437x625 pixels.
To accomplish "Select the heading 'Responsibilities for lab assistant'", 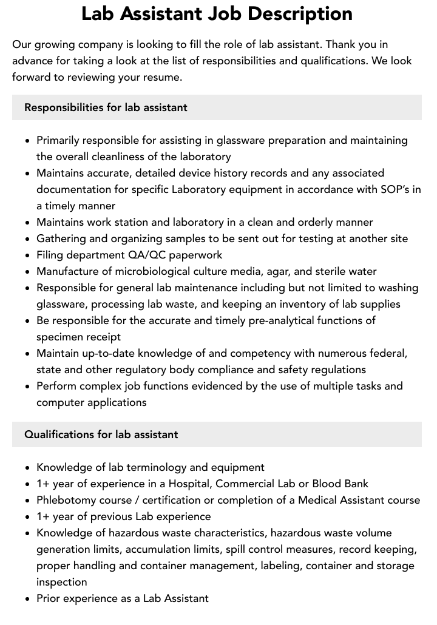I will pyautogui.click(x=106, y=107).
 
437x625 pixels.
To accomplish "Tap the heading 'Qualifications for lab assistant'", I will pyautogui.click(x=101, y=434).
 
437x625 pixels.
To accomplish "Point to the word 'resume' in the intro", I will pyautogui.click(x=161, y=77).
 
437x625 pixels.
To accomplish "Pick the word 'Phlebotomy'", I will pyautogui.click(x=66, y=500).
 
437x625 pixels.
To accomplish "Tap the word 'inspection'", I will pyautogui.click(x=62, y=582).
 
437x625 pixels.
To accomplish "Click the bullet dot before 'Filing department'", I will pyautogui.click(x=28, y=255).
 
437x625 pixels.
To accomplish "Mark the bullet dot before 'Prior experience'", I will pyautogui.click(x=28, y=599).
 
